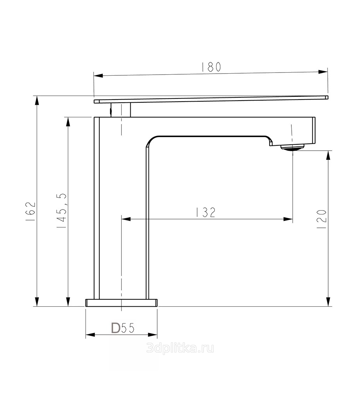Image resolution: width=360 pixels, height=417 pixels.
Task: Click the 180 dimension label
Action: click(x=211, y=67)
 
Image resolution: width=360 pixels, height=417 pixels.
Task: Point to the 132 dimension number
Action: click(x=206, y=212)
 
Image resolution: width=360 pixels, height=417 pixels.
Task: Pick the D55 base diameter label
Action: click(x=123, y=328)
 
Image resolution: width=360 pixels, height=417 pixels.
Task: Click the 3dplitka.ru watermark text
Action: click(x=180, y=348)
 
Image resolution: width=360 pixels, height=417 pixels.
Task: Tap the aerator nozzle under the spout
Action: click(x=292, y=147)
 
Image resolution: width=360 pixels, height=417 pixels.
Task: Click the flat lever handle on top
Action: click(x=211, y=99)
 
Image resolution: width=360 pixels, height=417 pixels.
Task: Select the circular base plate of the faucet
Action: click(x=122, y=303)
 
